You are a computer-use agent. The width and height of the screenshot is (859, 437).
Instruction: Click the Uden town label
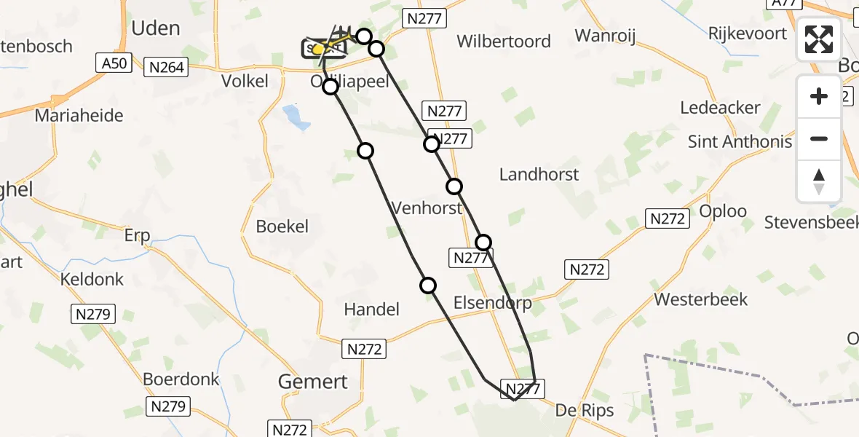pos(155,28)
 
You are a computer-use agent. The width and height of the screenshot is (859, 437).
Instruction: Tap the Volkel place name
pos(245,81)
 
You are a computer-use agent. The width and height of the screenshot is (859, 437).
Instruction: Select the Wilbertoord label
pos(504,41)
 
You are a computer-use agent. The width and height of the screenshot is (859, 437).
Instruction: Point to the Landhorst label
pos(539,174)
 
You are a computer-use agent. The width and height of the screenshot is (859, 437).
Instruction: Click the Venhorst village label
pos(427,208)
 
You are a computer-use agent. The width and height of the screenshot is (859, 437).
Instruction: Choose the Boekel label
pos(282,227)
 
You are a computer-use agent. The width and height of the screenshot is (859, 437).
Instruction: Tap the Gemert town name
pos(314,381)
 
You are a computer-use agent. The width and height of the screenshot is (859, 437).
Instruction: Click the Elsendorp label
pos(492,302)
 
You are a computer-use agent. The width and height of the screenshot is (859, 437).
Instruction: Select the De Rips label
pos(585,410)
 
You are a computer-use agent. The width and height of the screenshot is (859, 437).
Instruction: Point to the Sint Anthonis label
pos(740,141)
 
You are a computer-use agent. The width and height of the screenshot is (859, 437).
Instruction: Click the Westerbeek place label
pos(701,299)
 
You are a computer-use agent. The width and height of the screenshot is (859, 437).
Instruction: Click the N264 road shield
pos(167,68)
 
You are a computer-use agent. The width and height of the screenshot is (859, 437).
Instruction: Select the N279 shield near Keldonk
pos(92,315)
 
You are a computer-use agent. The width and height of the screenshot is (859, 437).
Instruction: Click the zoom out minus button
pos(819,138)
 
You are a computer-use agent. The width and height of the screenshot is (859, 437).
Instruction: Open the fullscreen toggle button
pos(819,39)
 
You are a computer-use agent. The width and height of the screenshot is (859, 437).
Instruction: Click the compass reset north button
pos(819,181)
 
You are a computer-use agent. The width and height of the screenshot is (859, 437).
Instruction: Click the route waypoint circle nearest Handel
pos(428,286)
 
